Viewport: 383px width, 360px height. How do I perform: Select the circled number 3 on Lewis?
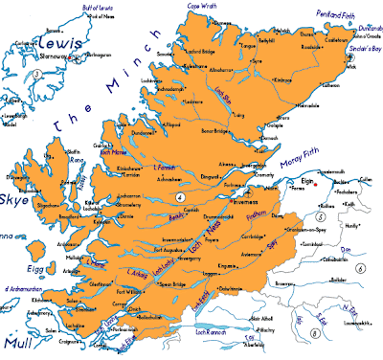click(x=35, y=74)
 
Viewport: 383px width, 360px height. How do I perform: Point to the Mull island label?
click(x=20, y=340)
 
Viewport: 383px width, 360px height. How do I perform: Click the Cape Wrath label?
click(x=199, y=6)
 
